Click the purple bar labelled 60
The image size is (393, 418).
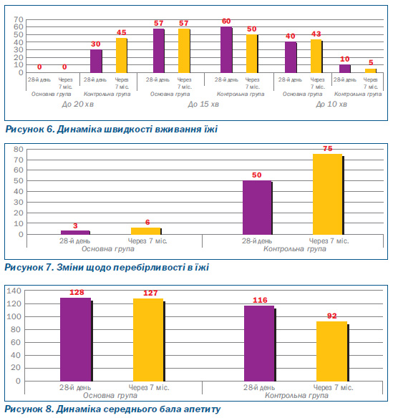point(226,49)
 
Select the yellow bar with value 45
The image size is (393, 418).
point(121,55)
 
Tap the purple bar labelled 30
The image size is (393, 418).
point(96,61)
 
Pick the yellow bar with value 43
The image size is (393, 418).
point(316,56)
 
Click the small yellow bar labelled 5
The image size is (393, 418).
point(371,71)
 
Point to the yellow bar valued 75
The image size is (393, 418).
point(328,194)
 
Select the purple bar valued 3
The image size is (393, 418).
point(75,233)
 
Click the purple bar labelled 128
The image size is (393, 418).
point(76,339)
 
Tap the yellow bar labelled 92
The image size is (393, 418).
point(332,351)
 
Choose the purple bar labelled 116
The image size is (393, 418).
point(260,344)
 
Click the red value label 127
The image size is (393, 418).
point(150,293)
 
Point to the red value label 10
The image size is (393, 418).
point(344,59)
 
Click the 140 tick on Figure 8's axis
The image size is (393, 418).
point(14,291)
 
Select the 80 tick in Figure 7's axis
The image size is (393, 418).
point(19,149)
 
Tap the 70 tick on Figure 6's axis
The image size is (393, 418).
point(19,19)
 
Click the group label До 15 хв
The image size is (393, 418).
point(203,104)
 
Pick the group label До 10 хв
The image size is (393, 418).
point(331,104)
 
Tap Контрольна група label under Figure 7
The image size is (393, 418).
point(295,249)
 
